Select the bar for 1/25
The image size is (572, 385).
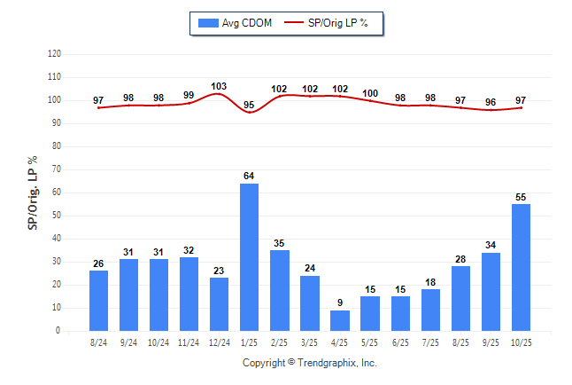click(x=249, y=257)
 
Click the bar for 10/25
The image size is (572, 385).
click(x=521, y=267)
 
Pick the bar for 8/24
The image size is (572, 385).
click(x=98, y=301)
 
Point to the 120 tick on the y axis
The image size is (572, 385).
click(x=54, y=54)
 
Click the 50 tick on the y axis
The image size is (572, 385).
click(x=56, y=216)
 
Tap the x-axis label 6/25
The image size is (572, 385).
click(x=400, y=342)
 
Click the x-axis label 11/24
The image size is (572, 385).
click(x=189, y=342)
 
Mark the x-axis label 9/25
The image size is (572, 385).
click(x=491, y=342)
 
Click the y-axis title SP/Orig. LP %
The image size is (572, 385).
click(x=33, y=191)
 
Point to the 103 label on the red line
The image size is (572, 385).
click(x=219, y=87)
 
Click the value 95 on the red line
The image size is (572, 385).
click(x=249, y=106)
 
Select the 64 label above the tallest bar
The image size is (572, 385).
click(x=249, y=177)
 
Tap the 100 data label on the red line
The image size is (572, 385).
click(x=370, y=93)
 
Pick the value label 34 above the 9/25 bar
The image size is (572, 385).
click(x=491, y=246)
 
